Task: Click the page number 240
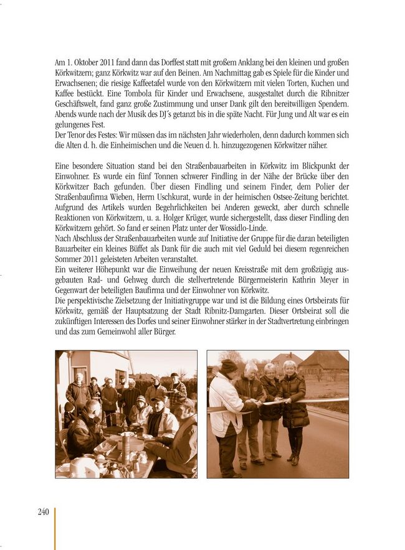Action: point(43,512)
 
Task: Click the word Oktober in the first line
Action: point(87,63)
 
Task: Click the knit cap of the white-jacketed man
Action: point(229,366)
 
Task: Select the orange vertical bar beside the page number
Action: point(55,528)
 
